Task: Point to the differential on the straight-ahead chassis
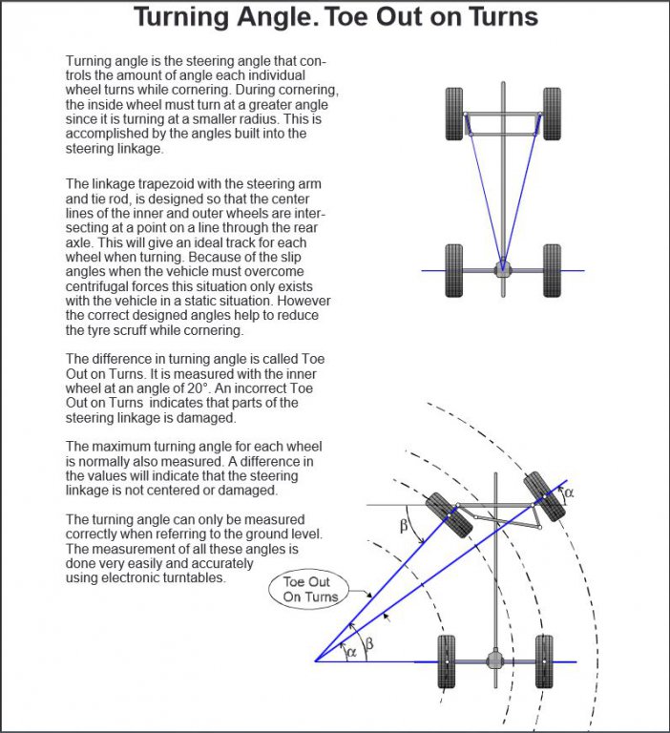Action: click(503, 270)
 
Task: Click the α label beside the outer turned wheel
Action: click(570, 493)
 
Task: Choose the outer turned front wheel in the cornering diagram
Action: click(545, 495)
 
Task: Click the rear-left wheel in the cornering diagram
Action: click(445, 660)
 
